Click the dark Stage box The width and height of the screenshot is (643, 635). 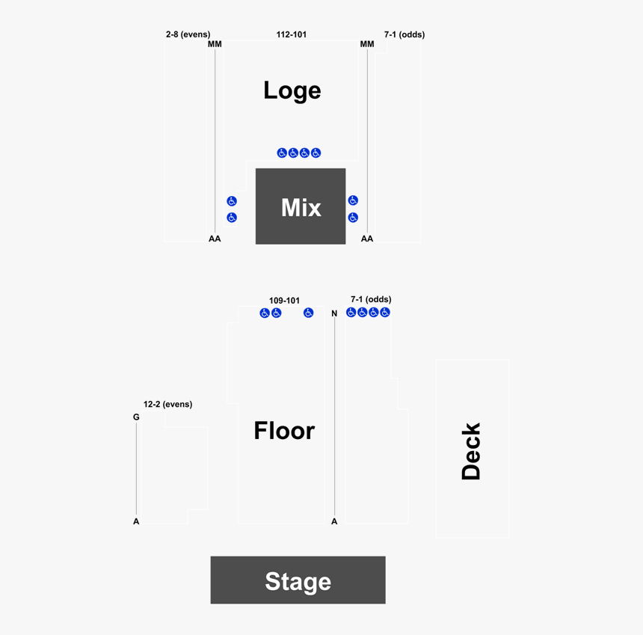[298, 580]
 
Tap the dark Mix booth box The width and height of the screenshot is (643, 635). [301, 206]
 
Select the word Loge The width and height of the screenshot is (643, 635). [292, 91]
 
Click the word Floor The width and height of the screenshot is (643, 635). [284, 431]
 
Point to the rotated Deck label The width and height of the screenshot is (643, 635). [471, 451]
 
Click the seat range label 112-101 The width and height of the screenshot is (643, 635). [292, 34]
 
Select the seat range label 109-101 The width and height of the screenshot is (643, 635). [284, 301]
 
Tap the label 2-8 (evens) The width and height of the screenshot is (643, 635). [188, 34]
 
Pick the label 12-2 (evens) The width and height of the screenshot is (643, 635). [167, 404]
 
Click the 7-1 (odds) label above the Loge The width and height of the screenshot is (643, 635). [404, 34]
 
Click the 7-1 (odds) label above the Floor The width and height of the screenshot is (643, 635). [371, 300]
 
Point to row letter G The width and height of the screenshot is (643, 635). [136, 417]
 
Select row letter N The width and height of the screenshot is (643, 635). [334, 313]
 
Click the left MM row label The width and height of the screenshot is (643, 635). [215, 44]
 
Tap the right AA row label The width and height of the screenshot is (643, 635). [367, 239]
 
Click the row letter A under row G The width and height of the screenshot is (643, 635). [136, 521]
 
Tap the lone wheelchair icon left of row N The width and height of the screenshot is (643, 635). [308, 313]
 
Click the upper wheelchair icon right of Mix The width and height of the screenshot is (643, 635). [353, 200]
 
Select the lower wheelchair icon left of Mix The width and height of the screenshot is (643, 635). [232, 218]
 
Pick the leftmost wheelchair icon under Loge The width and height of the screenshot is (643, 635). [282, 153]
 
